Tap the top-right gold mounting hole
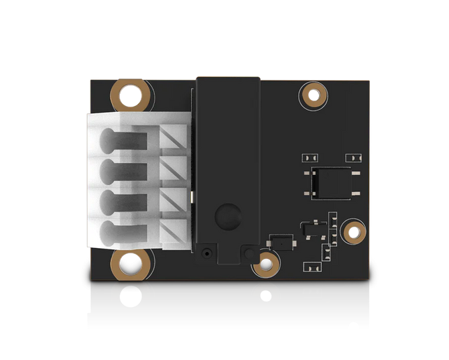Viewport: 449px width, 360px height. [x=312, y=95]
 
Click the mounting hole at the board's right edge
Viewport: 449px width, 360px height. [x=352, y=231]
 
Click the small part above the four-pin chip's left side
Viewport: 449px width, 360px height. [x=308, y=158]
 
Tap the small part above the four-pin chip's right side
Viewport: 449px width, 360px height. [x=351, y=158]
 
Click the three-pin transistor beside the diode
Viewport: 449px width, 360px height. [x=310, y=230]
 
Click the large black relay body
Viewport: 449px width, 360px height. [x=227, y=161]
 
